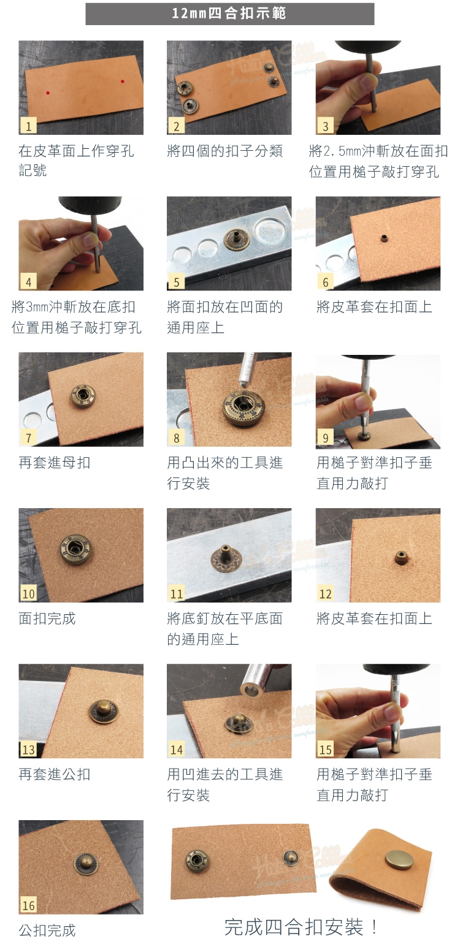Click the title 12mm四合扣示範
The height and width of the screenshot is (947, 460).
[x=229, y=13]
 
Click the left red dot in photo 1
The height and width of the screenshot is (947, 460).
[x=48, y=93]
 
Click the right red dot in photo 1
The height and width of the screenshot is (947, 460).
[x=122, y=81]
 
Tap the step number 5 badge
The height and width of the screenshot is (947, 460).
[x=177, y=282]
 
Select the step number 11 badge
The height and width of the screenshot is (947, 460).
[x=177, y=593]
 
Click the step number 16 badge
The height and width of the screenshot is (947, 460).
[x=28, y=905]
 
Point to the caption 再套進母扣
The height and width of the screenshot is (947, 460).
[x=55, y=463]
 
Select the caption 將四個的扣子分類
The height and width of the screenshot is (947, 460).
[x=225, y=151]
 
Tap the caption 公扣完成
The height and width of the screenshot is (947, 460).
[x=47, y=930]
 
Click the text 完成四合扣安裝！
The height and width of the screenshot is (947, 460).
[x=301, y=927]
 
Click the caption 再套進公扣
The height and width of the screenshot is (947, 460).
[x=55, y=775]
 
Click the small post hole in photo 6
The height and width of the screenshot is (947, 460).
[x=384, y=238]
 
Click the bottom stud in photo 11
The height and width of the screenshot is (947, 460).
[x=226, y=558]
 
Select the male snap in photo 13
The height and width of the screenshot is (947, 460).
[x=104, y=711]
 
